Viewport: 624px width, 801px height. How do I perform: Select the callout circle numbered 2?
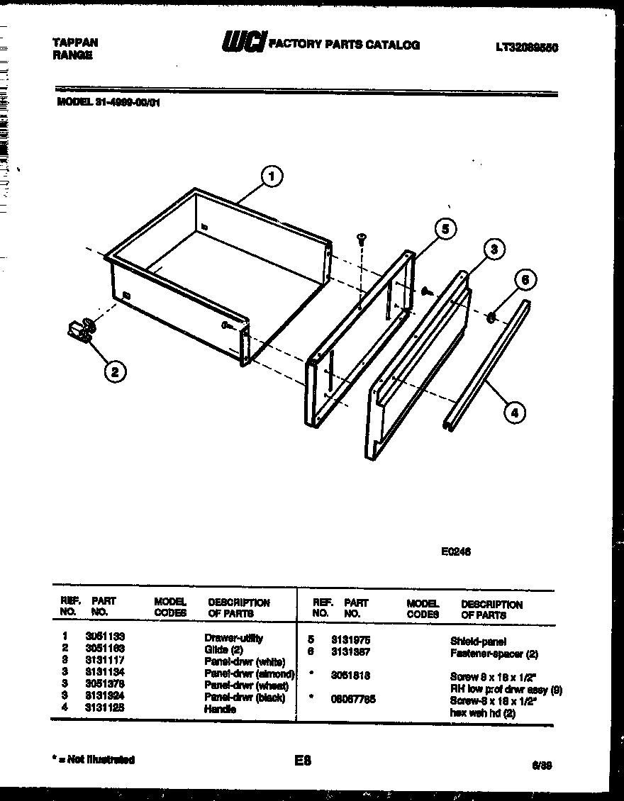115,370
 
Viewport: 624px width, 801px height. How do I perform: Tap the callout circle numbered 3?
494,250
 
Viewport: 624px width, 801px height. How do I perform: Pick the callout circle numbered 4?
515,412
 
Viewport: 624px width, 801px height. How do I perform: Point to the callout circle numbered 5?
445,229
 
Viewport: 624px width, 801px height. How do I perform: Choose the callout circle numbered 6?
525,279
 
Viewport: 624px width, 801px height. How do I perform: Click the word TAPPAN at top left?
75,43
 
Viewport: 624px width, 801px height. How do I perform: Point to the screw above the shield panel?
362,240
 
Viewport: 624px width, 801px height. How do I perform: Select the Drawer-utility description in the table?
233,638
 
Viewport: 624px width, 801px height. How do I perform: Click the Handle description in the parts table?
220,709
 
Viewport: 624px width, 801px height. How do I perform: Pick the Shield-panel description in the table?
478,641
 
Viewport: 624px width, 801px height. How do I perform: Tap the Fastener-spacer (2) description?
494,653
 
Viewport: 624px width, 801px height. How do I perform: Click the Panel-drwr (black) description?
245,698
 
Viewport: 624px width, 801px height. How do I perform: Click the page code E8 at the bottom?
302,761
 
